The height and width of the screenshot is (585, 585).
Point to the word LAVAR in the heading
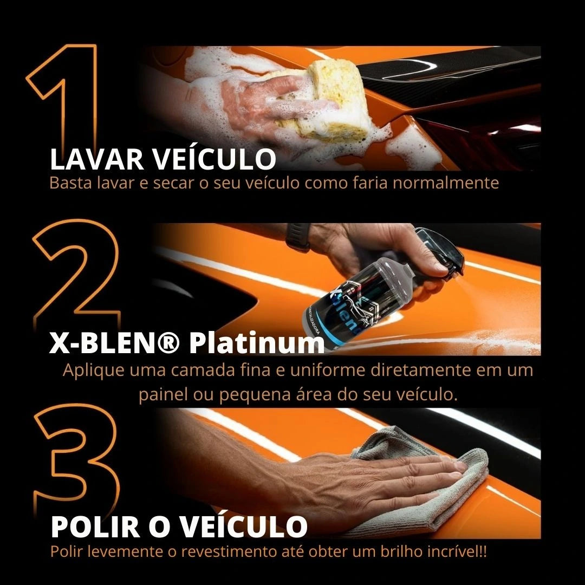point(96,159)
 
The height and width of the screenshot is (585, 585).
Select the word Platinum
point(257,343)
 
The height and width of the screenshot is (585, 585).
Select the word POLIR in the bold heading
point(95,527)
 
